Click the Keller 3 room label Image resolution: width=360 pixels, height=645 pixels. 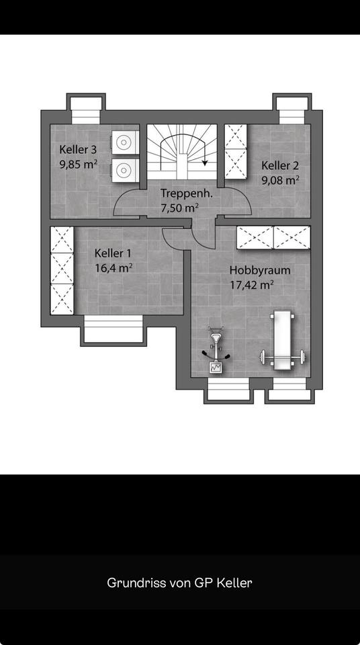click(78, 149)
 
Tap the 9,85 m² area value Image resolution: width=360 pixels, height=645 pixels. click(78, 164)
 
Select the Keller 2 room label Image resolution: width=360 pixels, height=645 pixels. click(280, 165)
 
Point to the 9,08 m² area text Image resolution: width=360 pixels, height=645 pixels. click(280, 180)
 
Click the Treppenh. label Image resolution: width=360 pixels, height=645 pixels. click(187, 193)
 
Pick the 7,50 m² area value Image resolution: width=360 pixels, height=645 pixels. click(180, 208)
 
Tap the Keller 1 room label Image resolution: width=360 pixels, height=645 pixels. click(113, 253)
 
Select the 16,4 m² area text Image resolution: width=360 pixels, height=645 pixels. click(114, 268)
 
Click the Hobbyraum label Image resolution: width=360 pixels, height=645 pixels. click(260, 271)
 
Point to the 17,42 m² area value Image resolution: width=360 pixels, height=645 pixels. click(252, 285)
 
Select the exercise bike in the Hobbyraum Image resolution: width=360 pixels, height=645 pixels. click(216, 349)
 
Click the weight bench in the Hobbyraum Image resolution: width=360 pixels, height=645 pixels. click(282, 341)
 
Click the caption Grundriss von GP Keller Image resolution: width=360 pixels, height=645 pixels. click(180, 583)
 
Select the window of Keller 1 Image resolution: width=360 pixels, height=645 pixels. click(113, 329)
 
